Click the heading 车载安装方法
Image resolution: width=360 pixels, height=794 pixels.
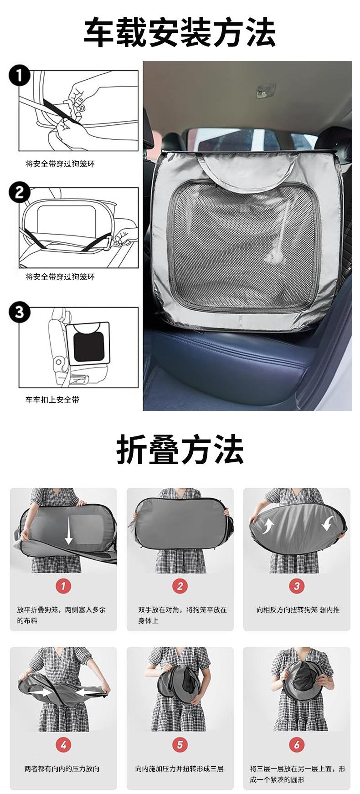[180, 32]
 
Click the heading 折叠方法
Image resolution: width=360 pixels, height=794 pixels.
[180, 450]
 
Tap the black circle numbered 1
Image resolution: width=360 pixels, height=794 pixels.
[19, 76]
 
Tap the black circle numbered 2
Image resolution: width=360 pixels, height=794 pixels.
[19, 193]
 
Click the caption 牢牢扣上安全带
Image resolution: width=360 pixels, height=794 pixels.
[52, 400]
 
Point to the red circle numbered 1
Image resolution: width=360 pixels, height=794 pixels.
[63, 586]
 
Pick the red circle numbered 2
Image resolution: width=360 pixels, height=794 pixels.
[180, 586]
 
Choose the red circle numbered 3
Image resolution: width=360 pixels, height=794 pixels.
[297, 586]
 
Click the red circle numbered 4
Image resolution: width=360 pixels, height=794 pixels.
[63, 745]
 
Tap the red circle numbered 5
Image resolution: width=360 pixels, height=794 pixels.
[180, 745]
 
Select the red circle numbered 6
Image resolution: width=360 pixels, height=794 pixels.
[297, 745]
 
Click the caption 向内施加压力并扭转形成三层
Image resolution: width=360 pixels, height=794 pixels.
[180, 768]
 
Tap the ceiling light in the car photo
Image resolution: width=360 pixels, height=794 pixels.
[267, 90]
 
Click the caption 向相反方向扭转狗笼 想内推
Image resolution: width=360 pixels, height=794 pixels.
[298, 610]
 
